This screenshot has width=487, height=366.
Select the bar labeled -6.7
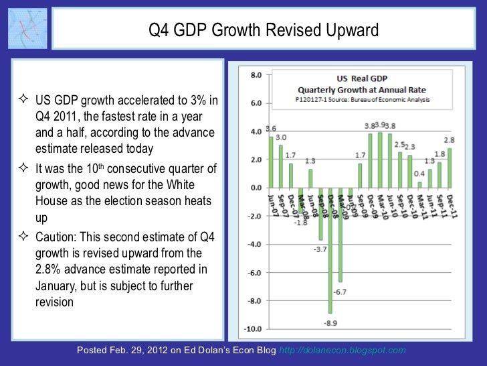(340, 235)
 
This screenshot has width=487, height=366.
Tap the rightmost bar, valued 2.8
(450, 168)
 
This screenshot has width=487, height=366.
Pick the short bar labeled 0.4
(419, 184)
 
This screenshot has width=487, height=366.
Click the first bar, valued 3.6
(271, 162)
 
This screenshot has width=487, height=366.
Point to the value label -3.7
(320, 250)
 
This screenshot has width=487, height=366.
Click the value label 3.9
(380, 125)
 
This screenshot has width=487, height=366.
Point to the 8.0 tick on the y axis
(255, 76)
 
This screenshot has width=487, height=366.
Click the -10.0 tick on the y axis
(253, 329)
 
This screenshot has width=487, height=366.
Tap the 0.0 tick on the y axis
(255, 188)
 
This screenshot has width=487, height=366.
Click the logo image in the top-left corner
(27, 29)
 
